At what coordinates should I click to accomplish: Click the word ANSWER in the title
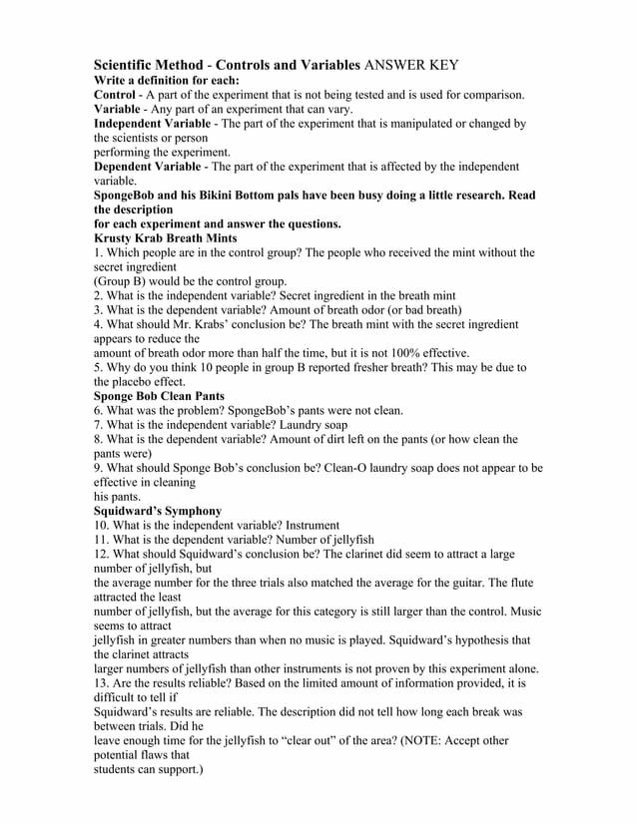[395, 65]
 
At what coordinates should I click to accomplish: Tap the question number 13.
[101, 682]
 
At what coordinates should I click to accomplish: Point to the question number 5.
[97, 367]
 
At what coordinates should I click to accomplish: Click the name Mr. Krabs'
[206, 324]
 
